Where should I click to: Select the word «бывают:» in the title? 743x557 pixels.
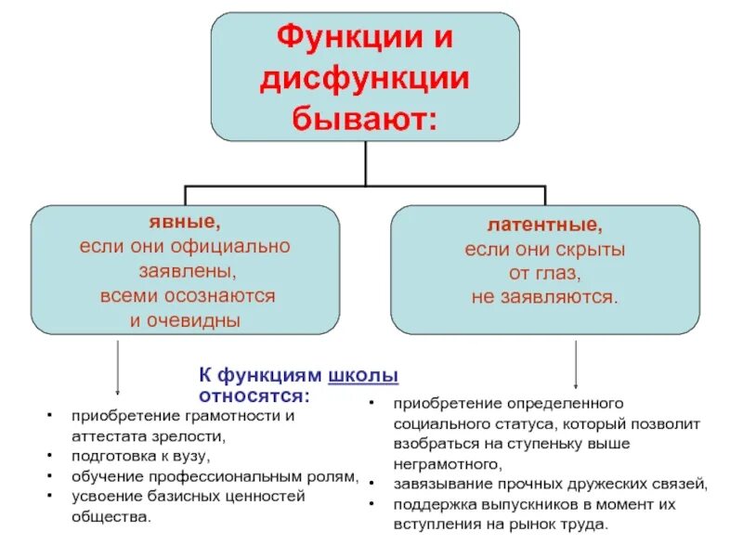[x=364, y=118]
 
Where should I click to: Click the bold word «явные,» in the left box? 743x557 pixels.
[x=185, y=224]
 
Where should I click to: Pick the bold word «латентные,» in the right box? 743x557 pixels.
[x=545, y=226]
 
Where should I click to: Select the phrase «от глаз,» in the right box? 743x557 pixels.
[x=545, y=274]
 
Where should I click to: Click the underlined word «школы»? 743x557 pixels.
[x=363, y=376]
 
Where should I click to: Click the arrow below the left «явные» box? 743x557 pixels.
[x=118, y=368]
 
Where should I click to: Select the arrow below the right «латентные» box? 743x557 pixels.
[x=577, y=364]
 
